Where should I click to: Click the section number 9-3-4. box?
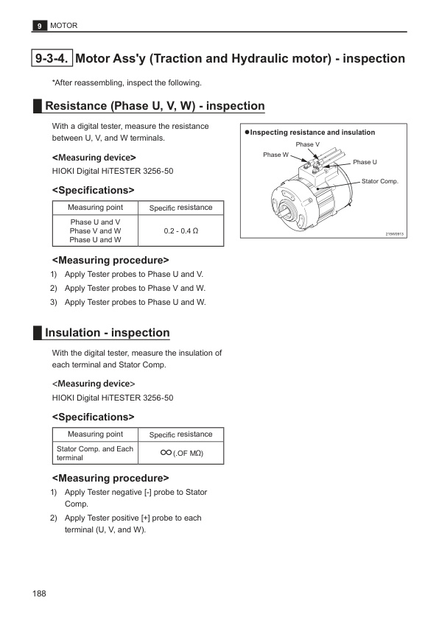[52, 58]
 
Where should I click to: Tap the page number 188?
[39, 593]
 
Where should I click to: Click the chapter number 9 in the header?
[39, 26]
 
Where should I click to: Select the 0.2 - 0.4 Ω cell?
[180, 231]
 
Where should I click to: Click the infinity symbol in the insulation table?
[166, 452]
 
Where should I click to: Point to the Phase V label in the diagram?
[308, 144]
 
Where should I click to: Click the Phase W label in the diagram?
[276, 155]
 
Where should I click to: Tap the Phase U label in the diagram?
[365, 162]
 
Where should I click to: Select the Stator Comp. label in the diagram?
[379, 181]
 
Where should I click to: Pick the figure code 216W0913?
[394, 234]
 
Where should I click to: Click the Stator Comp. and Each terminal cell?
[95, 453]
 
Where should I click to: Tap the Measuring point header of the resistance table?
[95, 208]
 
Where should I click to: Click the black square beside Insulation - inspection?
[38, 333]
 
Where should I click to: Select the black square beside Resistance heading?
[38, 106]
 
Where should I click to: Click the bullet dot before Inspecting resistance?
[247, 132]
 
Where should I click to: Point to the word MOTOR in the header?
[63, 26]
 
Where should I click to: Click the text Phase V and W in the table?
[95, 231]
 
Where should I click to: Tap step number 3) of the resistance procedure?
[54, 303]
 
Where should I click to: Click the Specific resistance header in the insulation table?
[180, 434]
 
